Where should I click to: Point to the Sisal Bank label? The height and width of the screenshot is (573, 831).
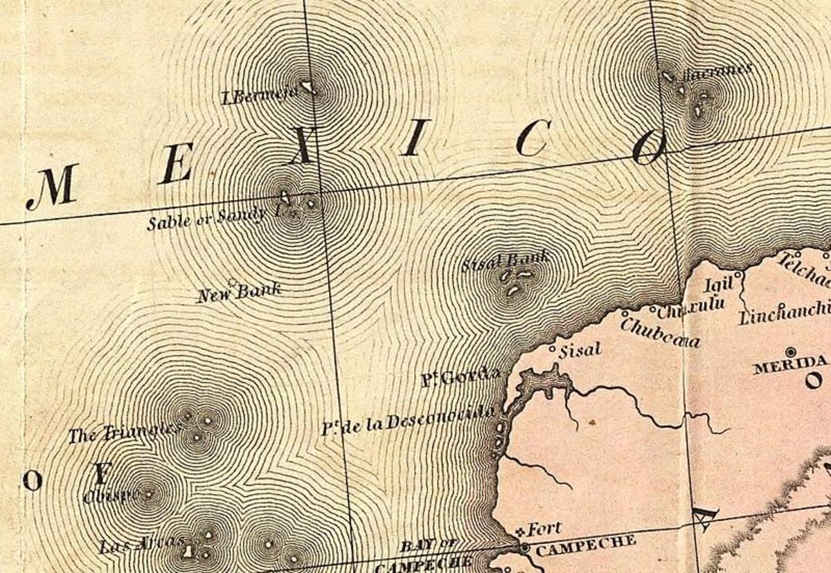pyautogui.click(x=506, y=261)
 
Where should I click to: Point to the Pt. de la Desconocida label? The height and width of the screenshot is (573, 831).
pyautogui.click(x=409, y=421)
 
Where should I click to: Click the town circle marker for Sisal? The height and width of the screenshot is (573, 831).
pyautogui.click(x=552, y=349)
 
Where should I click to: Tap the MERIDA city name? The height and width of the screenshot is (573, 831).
pyautogui.click(x=789, y=365)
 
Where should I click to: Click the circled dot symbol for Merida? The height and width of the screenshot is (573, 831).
pyautogui.click(x=791, y=352)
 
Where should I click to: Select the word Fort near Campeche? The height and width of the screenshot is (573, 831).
pyautogui.click(x=544, y=531)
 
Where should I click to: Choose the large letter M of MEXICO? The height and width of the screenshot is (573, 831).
pyautogui.click(x=53, y=187)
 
